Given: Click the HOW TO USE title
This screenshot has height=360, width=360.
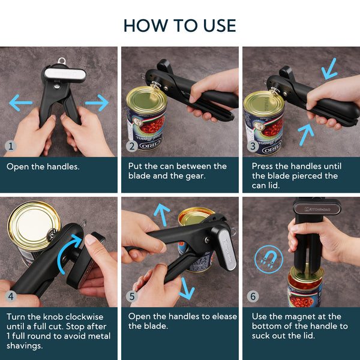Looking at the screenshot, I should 180,25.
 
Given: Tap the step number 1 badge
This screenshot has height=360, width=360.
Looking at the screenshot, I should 10,146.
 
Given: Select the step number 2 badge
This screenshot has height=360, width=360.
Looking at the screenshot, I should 132,146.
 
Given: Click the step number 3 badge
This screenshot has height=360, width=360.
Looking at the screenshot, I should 253,146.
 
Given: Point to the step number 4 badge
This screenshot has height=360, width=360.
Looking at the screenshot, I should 10,295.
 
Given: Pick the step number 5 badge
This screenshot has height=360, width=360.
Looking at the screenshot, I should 132,295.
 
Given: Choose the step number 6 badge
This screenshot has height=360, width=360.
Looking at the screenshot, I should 253,295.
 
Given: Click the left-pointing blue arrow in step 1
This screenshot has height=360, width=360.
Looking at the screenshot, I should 20,104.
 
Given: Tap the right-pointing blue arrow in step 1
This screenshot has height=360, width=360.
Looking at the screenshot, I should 97,104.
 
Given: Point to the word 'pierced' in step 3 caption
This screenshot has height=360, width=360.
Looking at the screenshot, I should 319,176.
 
